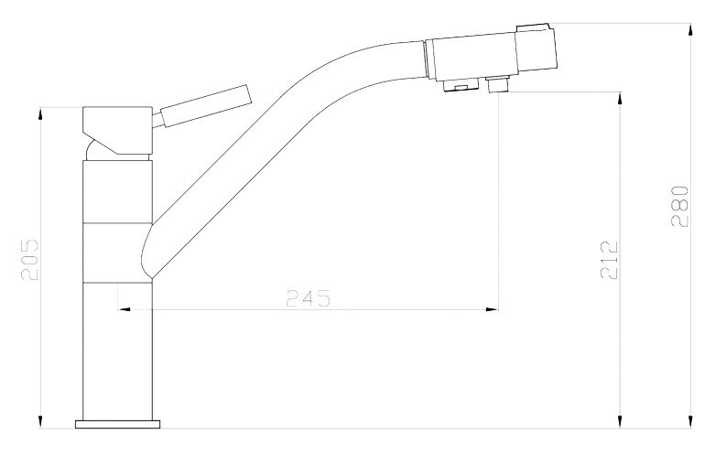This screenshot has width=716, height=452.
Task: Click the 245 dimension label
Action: pos(308,298)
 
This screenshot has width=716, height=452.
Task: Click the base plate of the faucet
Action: pos(118,424)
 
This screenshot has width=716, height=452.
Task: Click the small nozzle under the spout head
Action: pos(499,86)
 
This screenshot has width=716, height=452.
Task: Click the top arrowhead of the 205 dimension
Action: pos(42,114)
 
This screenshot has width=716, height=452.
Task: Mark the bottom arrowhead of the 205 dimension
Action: pos(42,422)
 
